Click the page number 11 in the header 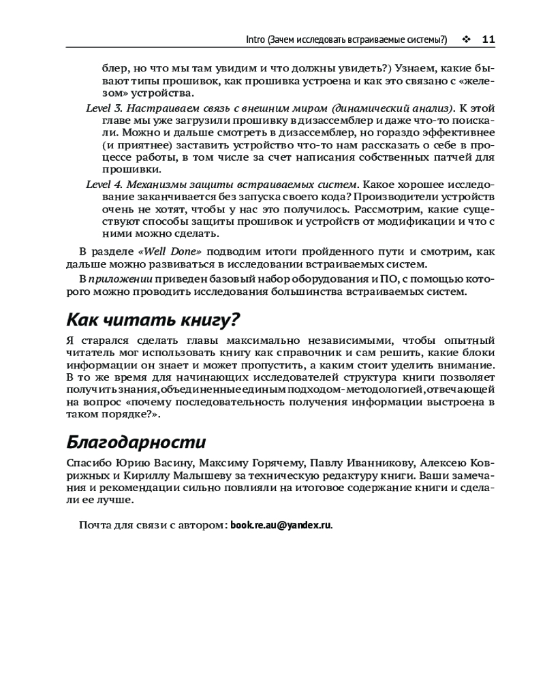click(x=488, y=39)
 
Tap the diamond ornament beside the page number click(x=466, y=39)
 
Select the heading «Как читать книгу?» click(x=155, y=319)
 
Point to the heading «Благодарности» click(x=136, y=443)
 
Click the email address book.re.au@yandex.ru click(x=281, y=525)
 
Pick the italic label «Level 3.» click(x=104, y=108)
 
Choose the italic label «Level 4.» click(x=104, y=185)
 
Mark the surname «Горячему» click(x=266, y=464)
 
